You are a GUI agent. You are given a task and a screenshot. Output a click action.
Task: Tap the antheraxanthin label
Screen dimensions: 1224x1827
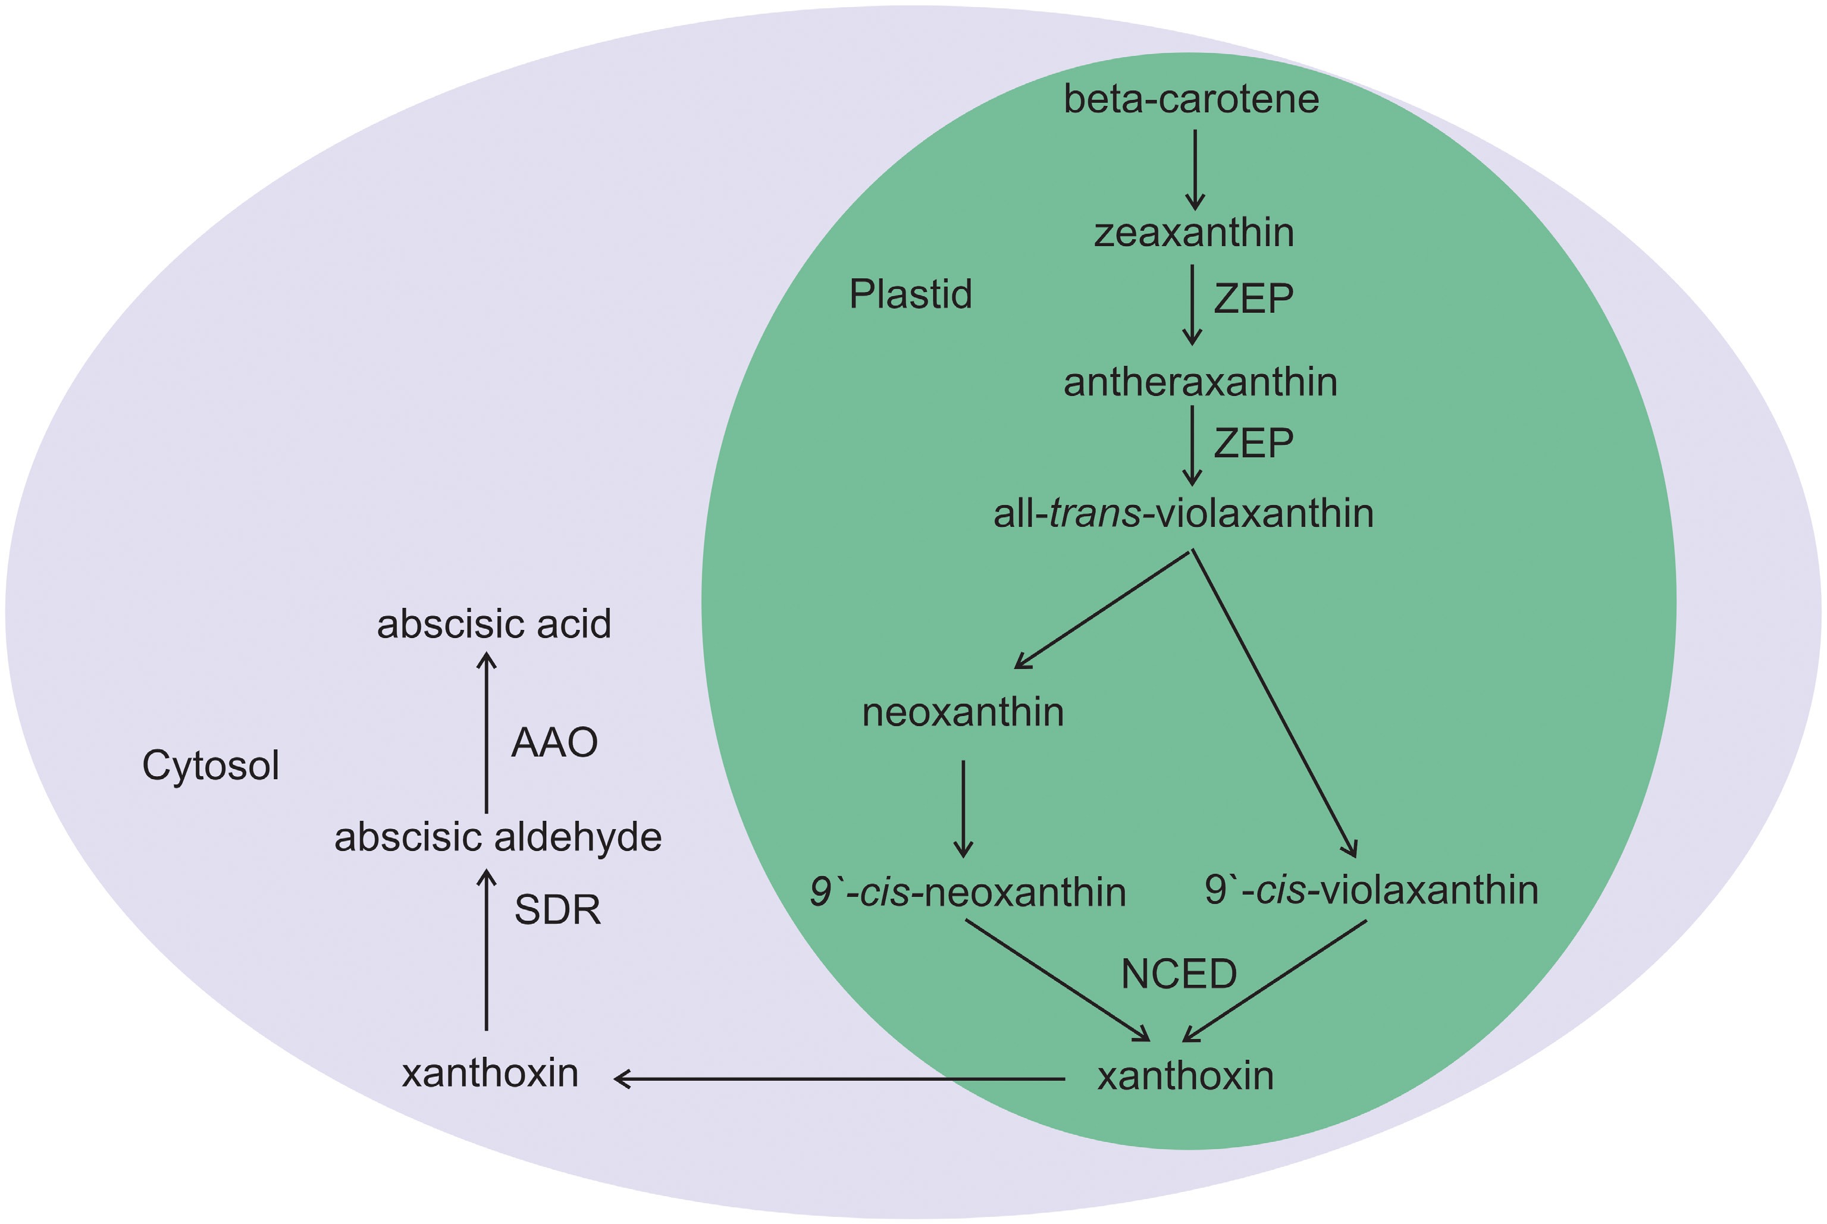point(1200,382)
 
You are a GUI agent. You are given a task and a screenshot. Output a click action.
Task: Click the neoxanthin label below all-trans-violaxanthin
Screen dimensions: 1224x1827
point(963,712)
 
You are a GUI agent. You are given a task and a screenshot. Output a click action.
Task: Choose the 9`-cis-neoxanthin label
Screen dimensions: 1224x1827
point(967,892)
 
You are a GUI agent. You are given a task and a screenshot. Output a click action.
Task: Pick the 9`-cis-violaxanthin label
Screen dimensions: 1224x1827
point(1371,889)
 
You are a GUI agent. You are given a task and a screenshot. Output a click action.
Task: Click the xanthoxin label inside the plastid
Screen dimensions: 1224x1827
point(1185,1076)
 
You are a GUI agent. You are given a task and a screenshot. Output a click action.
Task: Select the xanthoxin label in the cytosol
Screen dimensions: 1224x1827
point(490,1074)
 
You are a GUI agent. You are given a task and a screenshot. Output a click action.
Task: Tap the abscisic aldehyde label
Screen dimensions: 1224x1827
point(498,837)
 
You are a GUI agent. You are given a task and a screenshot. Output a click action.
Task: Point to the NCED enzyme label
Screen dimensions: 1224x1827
point(1178,974)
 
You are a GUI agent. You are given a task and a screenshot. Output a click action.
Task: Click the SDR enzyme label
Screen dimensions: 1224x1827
point(557,910)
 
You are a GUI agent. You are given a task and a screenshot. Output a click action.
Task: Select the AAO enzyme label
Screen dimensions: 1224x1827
point(554,742)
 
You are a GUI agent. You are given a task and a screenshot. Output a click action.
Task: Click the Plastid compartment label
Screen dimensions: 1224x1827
point(910,294)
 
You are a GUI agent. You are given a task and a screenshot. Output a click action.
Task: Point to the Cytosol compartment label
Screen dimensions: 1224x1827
point(210,765)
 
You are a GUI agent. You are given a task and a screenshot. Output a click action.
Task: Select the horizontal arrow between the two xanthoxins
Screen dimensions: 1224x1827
point(839,1079)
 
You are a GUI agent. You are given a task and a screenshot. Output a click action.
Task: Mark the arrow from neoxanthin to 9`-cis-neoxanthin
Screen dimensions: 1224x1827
point(963,808)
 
